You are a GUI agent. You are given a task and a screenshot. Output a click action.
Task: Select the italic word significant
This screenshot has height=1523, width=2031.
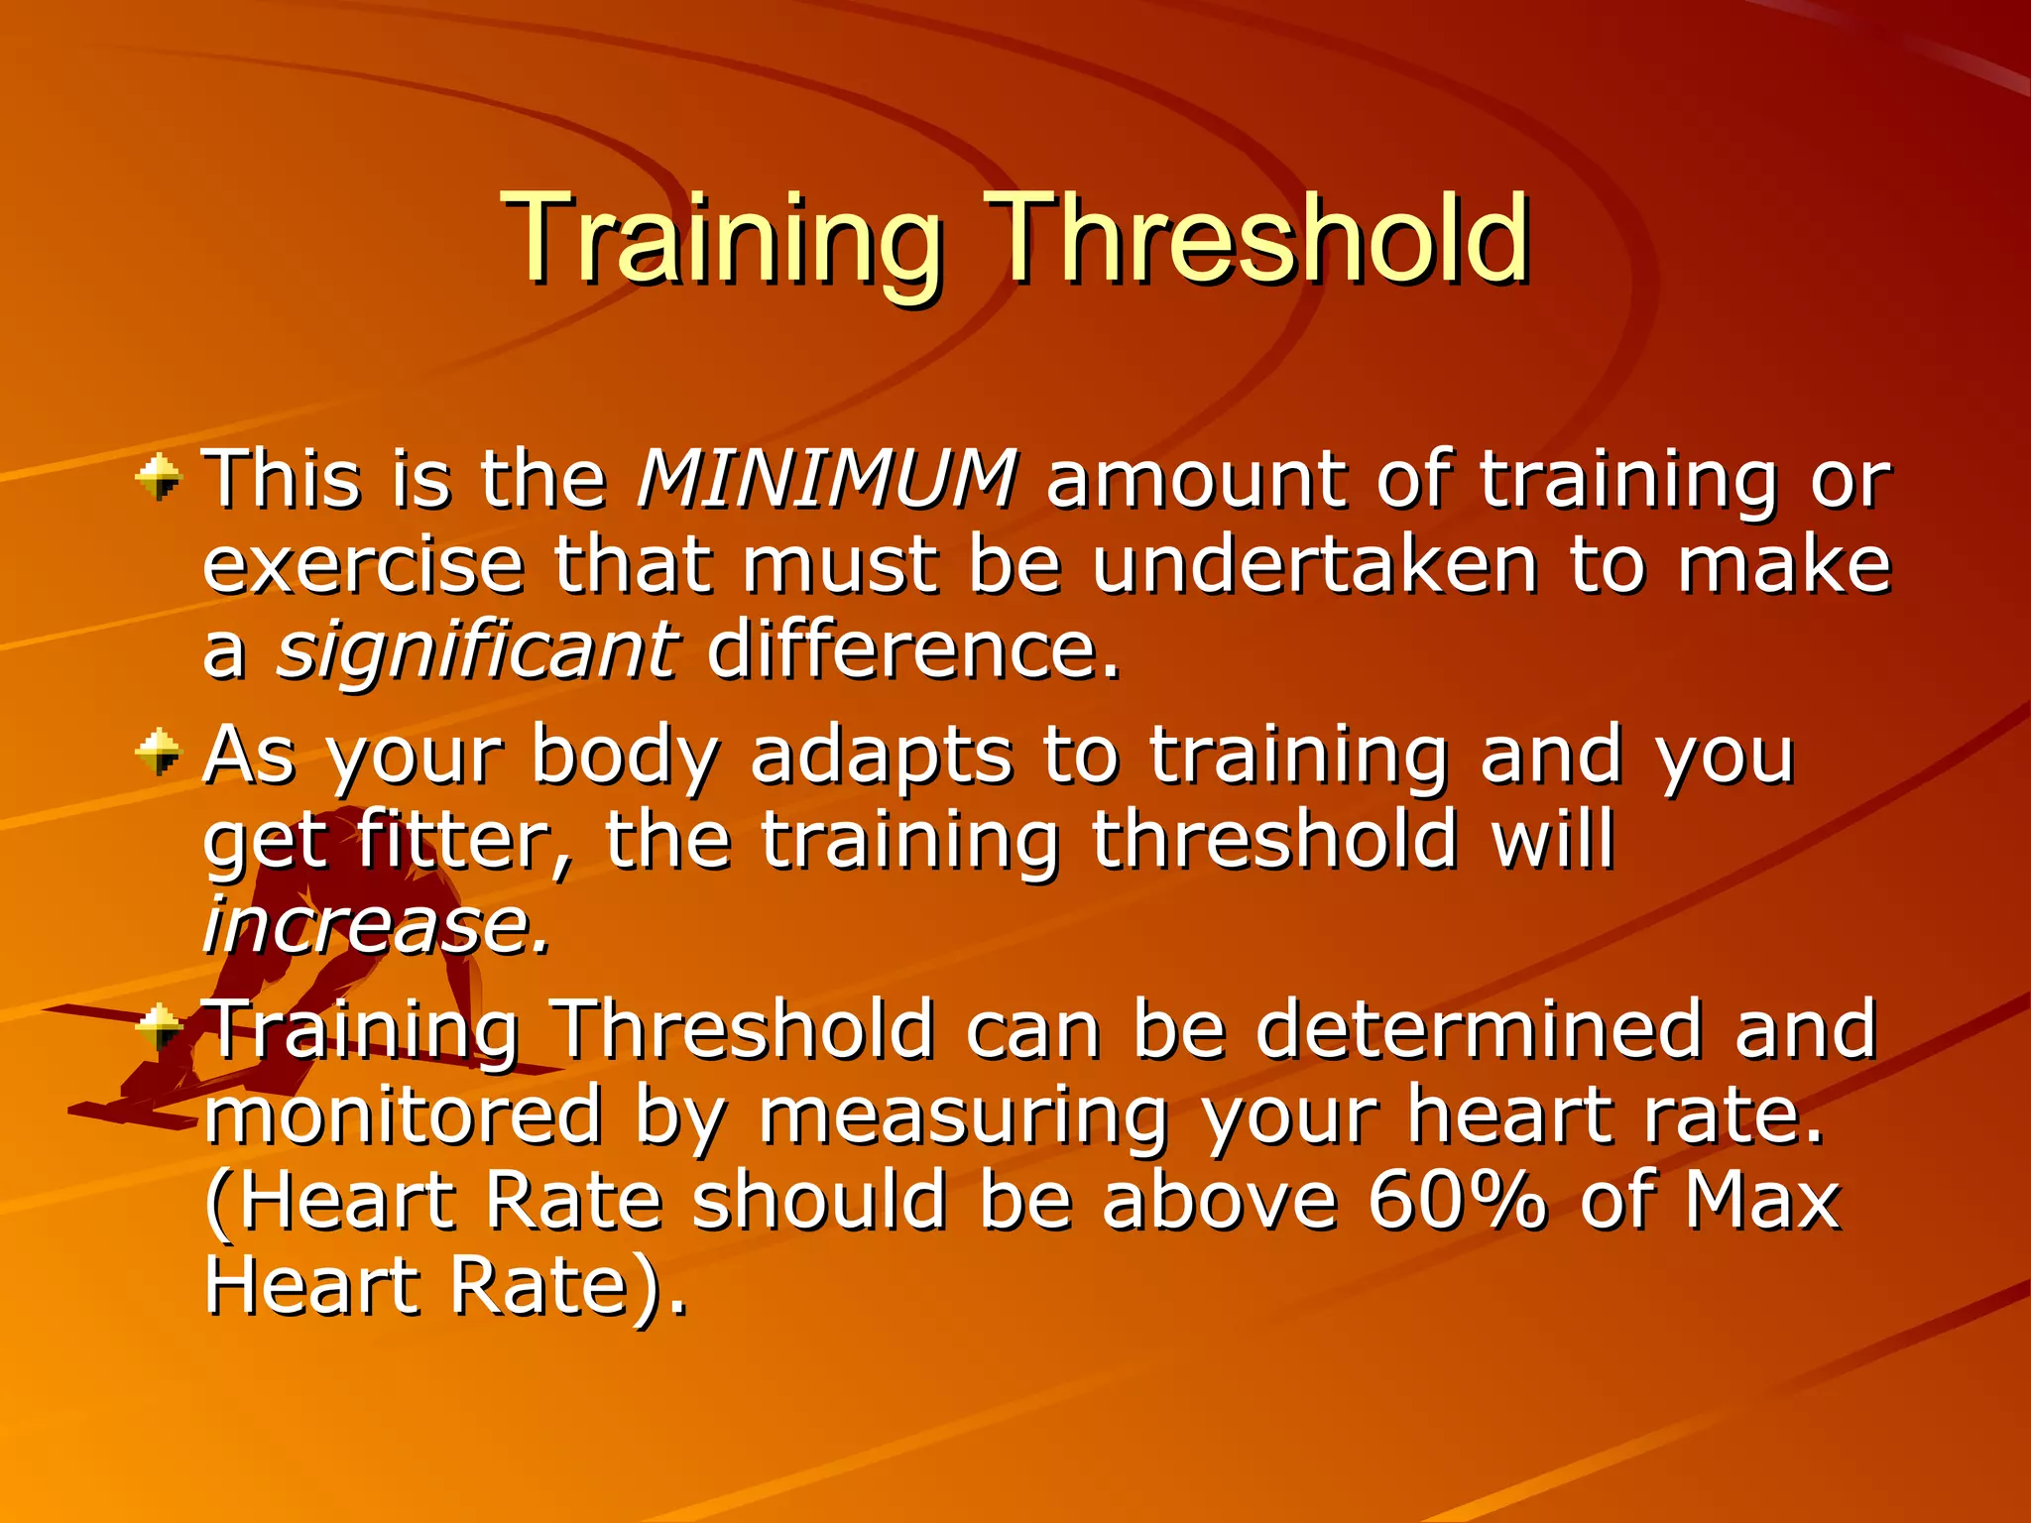pos(477,651)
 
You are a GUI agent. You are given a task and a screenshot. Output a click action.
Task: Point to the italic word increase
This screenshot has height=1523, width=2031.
pos(374,925)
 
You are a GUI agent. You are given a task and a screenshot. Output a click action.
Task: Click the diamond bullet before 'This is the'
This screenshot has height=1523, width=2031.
pos(159,479)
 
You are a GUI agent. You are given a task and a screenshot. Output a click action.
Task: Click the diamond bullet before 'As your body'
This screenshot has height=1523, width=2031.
pos(159,753)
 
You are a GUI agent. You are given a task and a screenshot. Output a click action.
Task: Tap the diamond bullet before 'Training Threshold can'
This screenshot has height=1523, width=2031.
pos(159,1027)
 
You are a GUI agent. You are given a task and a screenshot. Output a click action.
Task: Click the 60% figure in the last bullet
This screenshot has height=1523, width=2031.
pos(1456,1201)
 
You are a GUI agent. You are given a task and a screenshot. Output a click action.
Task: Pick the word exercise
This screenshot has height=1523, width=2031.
pos(363,565)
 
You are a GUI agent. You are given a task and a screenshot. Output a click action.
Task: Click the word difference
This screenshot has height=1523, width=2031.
pos(912,650)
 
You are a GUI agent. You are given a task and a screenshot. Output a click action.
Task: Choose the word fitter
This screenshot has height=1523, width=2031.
pos(462,840)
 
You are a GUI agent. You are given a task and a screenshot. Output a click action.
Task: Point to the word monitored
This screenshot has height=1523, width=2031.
pos(403,1114)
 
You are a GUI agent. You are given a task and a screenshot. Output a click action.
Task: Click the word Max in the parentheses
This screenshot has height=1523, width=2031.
pos(1761,1201)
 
